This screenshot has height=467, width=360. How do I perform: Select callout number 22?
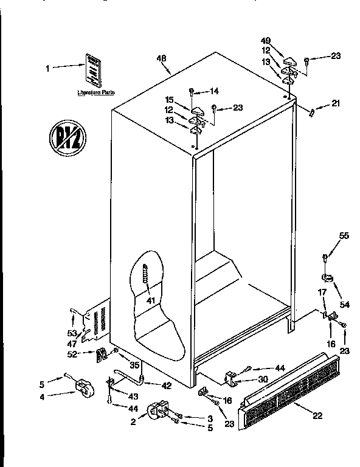pyautogui.click(x=317, y=417)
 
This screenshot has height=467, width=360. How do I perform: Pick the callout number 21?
pyautogui.click(x=335, y=104)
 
